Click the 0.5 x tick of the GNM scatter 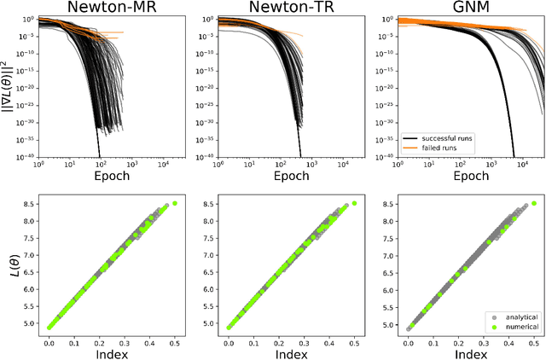[534, 340]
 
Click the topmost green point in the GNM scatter [534, 203]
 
